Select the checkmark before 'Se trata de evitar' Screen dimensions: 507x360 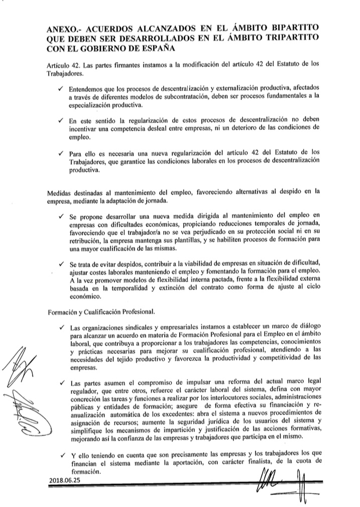(60, 264)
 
